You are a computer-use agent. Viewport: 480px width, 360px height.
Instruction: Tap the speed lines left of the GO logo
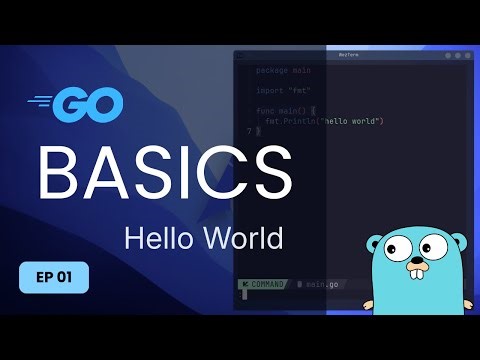[42, 101]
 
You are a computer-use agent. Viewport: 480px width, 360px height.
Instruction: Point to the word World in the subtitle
[245, 239]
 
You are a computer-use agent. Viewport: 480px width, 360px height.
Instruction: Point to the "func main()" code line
[282, 111]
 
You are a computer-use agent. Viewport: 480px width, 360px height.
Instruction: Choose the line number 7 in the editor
[248, 130]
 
